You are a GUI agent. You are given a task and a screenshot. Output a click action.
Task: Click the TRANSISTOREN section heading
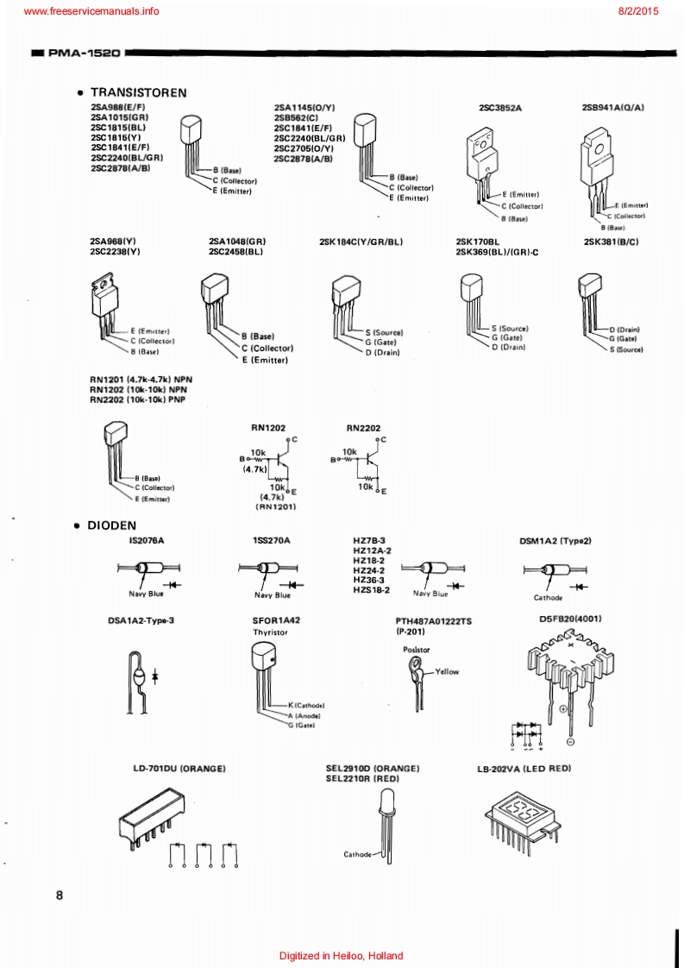click(138, 92)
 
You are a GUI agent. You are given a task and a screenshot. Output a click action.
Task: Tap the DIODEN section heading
click(111, 525)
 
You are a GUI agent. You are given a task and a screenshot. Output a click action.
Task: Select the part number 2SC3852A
click(500, 108)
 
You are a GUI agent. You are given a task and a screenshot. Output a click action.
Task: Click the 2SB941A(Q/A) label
click(613, 108)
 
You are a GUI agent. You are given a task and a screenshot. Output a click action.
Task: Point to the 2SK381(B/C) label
click(611, 242)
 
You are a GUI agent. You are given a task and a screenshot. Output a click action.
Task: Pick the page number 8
click(60, 895)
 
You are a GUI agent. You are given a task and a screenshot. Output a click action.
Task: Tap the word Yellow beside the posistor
click(447, 671)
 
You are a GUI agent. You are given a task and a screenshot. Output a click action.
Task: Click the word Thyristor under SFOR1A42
click(270, 632)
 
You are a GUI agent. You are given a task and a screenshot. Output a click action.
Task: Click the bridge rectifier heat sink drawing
click(568, 663)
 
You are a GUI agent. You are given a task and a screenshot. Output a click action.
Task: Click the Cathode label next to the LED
click(357, 854)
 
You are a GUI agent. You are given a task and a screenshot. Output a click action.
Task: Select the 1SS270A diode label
click(272, 540)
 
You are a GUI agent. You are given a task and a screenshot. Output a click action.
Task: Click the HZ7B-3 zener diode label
click(368, 540)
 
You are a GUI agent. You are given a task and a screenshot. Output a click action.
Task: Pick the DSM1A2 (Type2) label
click(555, 541)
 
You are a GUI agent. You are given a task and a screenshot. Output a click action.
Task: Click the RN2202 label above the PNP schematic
click(363, 427)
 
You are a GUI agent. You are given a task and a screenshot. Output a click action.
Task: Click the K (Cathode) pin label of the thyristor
click(306, 705)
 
